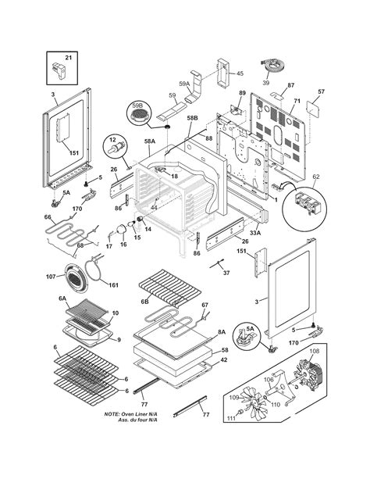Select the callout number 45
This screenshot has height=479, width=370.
(x=239, y=74)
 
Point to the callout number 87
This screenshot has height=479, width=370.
(x=290, y=86)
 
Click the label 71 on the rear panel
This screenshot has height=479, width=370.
(x=297, y=102)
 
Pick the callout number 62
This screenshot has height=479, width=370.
(x=316, y=178)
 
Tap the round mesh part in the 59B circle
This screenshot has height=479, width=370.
(x=139, y=115)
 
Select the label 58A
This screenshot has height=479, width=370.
(x=149, y=142)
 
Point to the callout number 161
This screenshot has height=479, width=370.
(x=112, y=286)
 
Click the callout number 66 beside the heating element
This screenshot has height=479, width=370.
(x=48, y=217)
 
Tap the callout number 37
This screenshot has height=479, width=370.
(x=226, y=273)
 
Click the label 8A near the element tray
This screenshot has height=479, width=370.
(x=222, y=331)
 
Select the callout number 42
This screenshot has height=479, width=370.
(x=224, y=361)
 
